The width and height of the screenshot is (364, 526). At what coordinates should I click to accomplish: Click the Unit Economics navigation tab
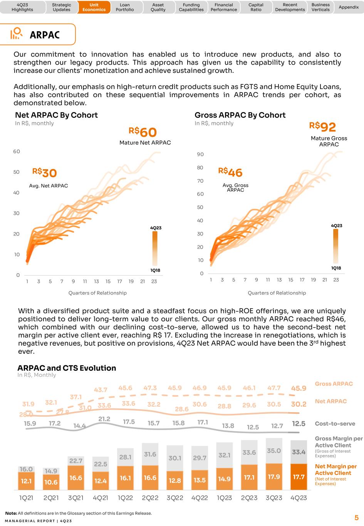(94, 7)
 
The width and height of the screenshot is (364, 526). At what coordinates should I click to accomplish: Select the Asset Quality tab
(158, 7)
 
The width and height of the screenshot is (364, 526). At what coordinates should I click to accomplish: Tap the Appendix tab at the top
(348, 7)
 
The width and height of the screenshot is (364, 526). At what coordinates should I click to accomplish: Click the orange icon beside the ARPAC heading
(16, 34)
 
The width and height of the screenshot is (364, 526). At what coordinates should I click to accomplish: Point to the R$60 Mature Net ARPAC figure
(143, 132)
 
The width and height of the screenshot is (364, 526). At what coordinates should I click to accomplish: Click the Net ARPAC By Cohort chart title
(56, 115)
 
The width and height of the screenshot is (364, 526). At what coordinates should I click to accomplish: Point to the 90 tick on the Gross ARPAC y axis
(200, 154)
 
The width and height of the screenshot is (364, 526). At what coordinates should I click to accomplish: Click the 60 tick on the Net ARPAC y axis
(16, 151)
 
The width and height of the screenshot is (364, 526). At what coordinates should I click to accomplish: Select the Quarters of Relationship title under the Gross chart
(277, 293)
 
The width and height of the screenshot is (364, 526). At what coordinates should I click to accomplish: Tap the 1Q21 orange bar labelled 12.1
(26, 481)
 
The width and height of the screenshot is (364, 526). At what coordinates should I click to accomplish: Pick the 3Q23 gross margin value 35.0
(273, 450)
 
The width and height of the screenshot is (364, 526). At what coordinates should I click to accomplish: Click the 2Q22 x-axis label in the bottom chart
(150, 498)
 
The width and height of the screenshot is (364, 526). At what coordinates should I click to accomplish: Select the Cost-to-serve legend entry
(335, 423)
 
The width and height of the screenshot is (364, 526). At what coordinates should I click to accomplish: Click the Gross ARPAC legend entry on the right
(334, 384)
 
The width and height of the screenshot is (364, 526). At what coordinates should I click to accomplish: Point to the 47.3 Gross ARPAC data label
(150, 388)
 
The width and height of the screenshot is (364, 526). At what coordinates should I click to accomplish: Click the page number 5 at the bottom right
(356, 518)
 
